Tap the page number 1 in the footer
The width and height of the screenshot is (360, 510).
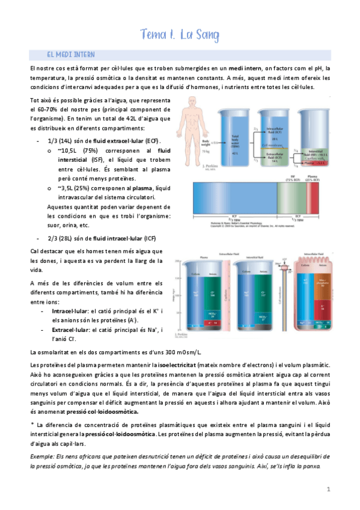pyautogui.click(x=329, y=490)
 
